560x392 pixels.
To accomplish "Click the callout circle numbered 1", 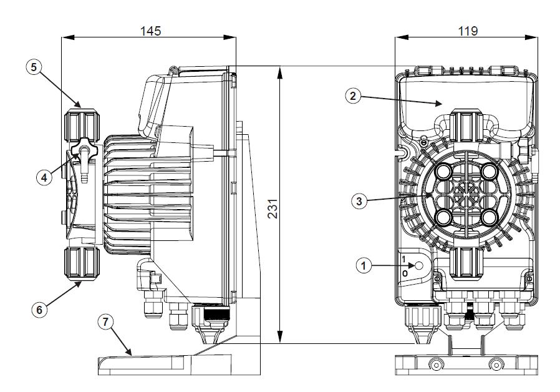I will click(x=364, y=265).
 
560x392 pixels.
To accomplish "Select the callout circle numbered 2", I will click(x=352, y=96).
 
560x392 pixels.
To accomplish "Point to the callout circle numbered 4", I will click(x=43, y=177).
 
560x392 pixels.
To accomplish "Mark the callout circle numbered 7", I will click(x=107, y=321).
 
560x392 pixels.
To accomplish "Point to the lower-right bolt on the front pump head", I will click(x=489, y=217).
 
